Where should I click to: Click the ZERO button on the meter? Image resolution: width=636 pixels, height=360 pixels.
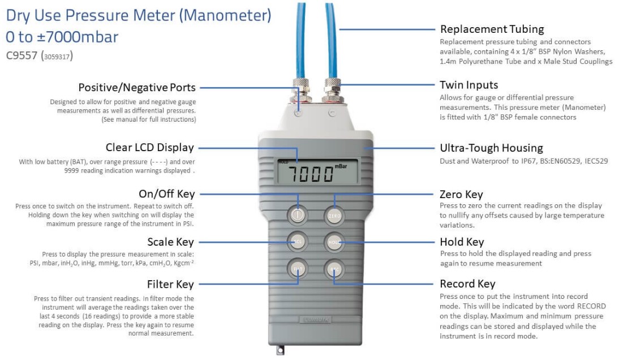(x=334, y=216)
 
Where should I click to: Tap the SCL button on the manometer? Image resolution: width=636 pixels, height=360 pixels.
(x=298, y=242)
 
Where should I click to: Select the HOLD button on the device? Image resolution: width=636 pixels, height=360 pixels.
(x=334, y=242)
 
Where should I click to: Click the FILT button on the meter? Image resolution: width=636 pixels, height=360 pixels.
(x=298, y=269)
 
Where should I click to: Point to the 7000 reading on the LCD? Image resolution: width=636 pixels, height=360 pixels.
(x=311, y=174)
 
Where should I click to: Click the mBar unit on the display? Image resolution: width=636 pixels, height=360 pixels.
(x=341, y=166)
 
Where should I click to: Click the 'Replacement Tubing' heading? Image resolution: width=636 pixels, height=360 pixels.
(x=492, y=29)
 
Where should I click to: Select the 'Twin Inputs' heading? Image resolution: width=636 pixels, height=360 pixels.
(x=469, y=85)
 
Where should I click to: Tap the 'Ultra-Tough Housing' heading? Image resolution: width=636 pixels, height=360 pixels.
(x=491, y=148)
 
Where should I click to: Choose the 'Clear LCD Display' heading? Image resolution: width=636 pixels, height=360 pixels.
(x=150, y=147)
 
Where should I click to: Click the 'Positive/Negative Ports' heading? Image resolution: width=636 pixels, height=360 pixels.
(x=137, y=88)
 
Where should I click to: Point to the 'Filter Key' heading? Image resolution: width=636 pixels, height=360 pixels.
(x=170, y=284)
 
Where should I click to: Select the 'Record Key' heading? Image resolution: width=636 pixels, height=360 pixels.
(x=467, y=284)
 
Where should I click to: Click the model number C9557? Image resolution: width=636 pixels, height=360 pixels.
(x=22, y=55)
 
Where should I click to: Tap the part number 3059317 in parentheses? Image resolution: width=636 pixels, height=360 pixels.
(x=57, y=57)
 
